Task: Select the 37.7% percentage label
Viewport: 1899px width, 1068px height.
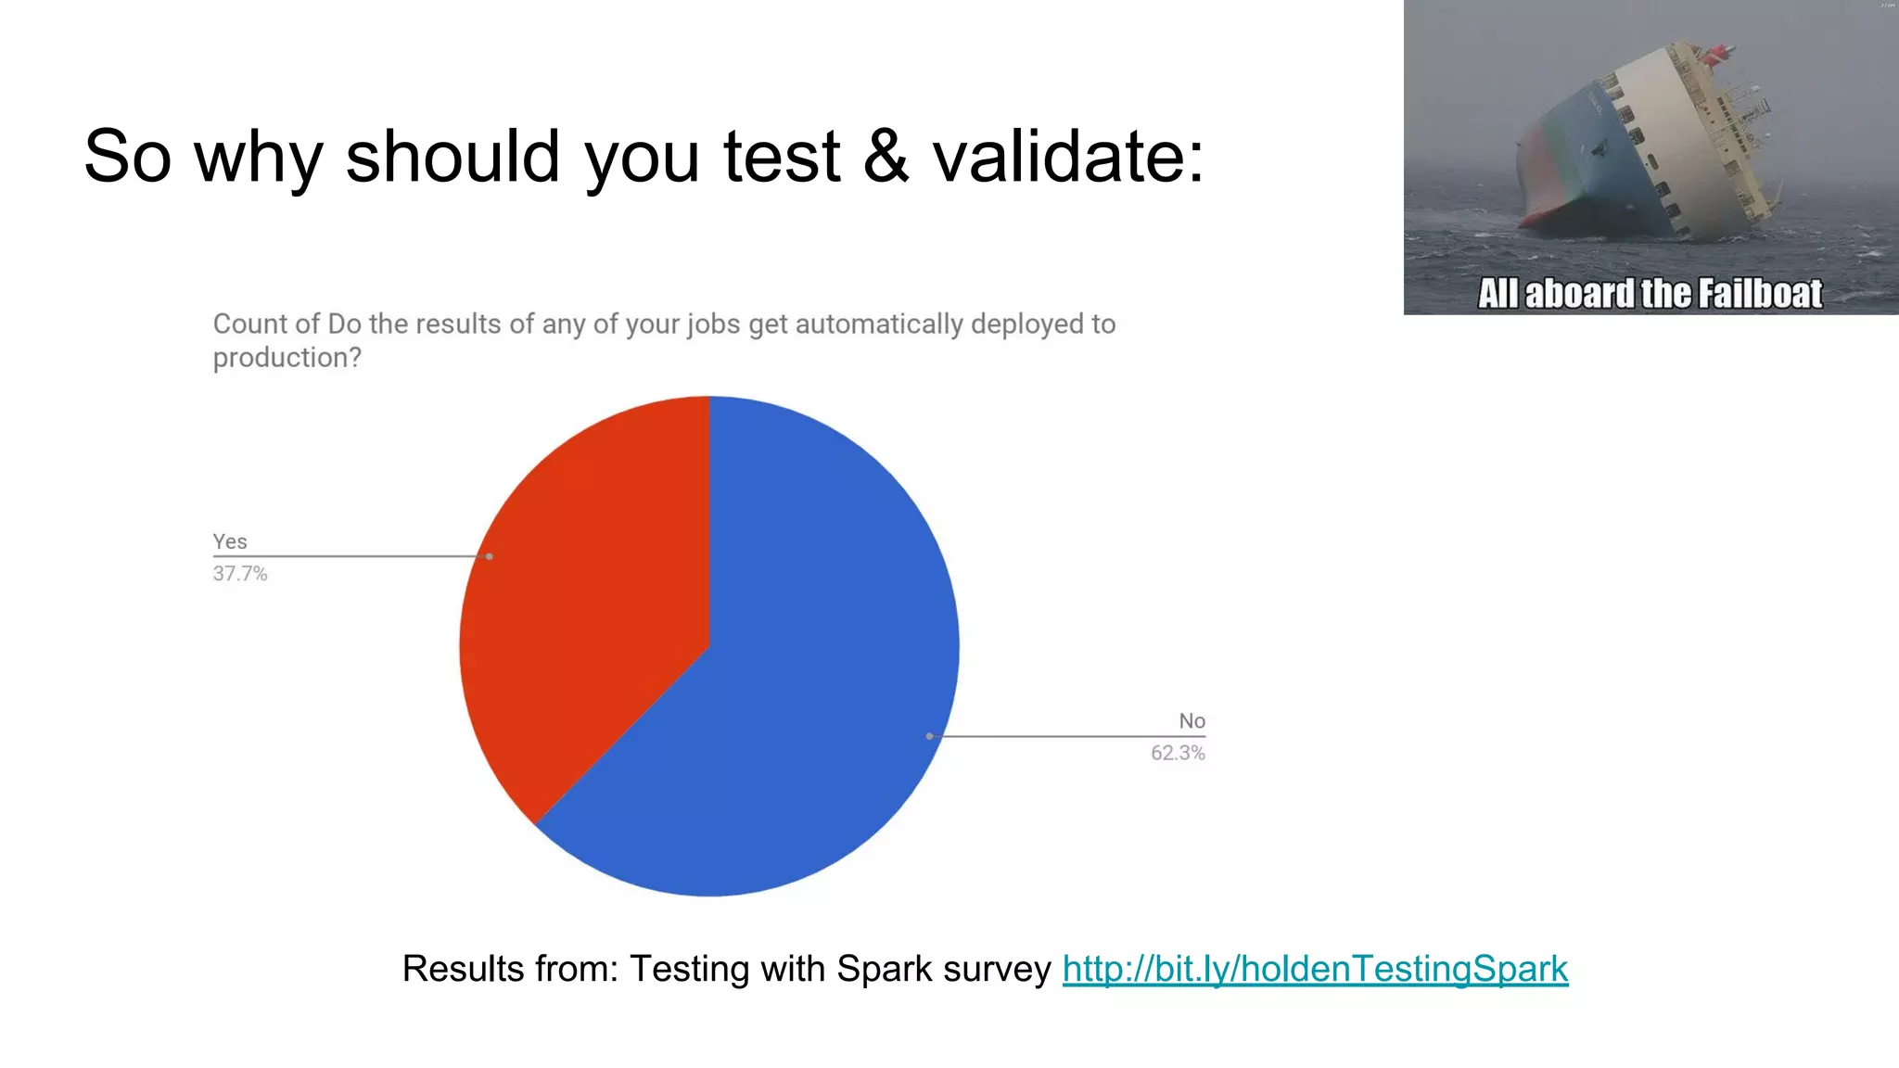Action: click(240, 574)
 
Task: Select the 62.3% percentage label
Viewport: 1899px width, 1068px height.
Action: click(1178, 753)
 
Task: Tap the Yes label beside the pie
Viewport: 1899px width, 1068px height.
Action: click(230, 541)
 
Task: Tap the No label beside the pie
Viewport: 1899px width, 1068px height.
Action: click(1192, 720)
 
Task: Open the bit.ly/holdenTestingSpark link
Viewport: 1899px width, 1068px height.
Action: click(1315, 969)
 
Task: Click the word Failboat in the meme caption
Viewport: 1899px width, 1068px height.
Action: click(1760, 294)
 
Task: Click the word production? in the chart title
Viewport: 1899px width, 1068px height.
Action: click(287, 357)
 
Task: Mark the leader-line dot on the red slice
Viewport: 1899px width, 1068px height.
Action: click(490, 556)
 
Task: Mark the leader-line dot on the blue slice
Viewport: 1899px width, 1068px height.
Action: click(929, 736)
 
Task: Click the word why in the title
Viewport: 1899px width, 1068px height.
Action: click(259, 158)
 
